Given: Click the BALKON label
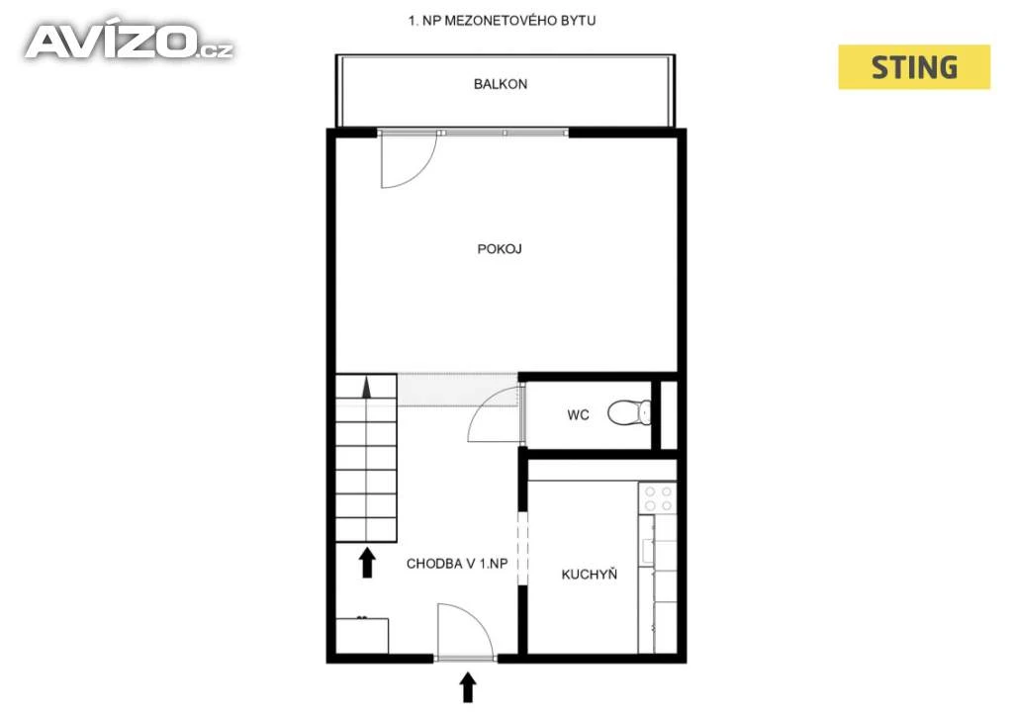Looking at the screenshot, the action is coord(500,84).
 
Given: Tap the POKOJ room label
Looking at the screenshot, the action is coord(500,248).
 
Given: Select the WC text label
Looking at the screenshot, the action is coord(578,415).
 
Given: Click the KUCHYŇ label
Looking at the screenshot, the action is coord(590,574).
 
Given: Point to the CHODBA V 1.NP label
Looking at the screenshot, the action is coord(457,564).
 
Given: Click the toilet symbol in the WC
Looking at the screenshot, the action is coord(629,412).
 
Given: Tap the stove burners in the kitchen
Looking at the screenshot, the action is coord(658,497).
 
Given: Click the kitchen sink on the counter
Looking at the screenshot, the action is coord(647,551).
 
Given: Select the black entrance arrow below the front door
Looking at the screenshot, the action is coord(468,687).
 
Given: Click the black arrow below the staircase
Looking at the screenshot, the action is coord(368,563).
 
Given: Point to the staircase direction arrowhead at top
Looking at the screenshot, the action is coord(366,388).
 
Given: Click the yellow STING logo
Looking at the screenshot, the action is coord(914,67).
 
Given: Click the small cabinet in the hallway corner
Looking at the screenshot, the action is coord(362,636).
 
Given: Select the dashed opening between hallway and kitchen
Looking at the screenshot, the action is coord(522,549).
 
